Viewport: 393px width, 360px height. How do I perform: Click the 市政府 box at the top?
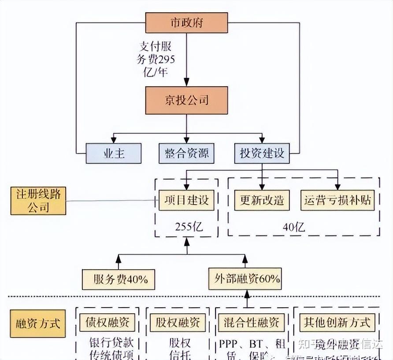[x=187, y=22]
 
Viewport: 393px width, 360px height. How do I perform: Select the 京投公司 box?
[x=187, y=100]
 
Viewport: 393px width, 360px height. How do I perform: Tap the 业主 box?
[x=114, y=153]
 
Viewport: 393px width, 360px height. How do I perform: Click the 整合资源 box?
[x=187, y=153]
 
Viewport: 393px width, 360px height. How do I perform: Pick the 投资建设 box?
[x=262, y=153]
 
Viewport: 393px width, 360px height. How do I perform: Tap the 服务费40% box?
[x=119, y=279]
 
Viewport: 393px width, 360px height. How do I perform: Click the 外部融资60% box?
[x=245, y=279]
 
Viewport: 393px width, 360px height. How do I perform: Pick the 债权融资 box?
[x=108, y=322]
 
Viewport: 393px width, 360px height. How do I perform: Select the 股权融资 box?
[x=178, y=322]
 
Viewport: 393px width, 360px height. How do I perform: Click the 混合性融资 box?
[x=249, y=322]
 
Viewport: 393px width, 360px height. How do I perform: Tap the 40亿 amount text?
[x=294, y=227]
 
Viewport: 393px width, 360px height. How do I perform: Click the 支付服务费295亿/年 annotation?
[x=157, y=59]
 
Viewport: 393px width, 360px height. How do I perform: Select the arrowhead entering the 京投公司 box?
[x=187, y=82]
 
